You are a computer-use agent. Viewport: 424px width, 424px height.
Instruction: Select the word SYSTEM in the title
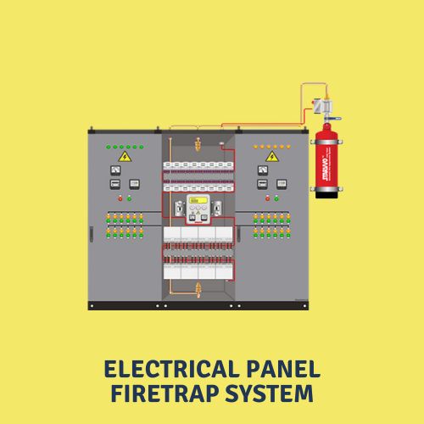272,394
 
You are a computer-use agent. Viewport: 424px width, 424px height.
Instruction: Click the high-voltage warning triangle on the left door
125,157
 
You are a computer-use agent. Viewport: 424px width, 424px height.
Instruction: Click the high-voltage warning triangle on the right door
272,157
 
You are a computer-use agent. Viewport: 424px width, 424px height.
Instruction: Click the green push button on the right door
276,198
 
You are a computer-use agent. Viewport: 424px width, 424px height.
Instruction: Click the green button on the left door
129,198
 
